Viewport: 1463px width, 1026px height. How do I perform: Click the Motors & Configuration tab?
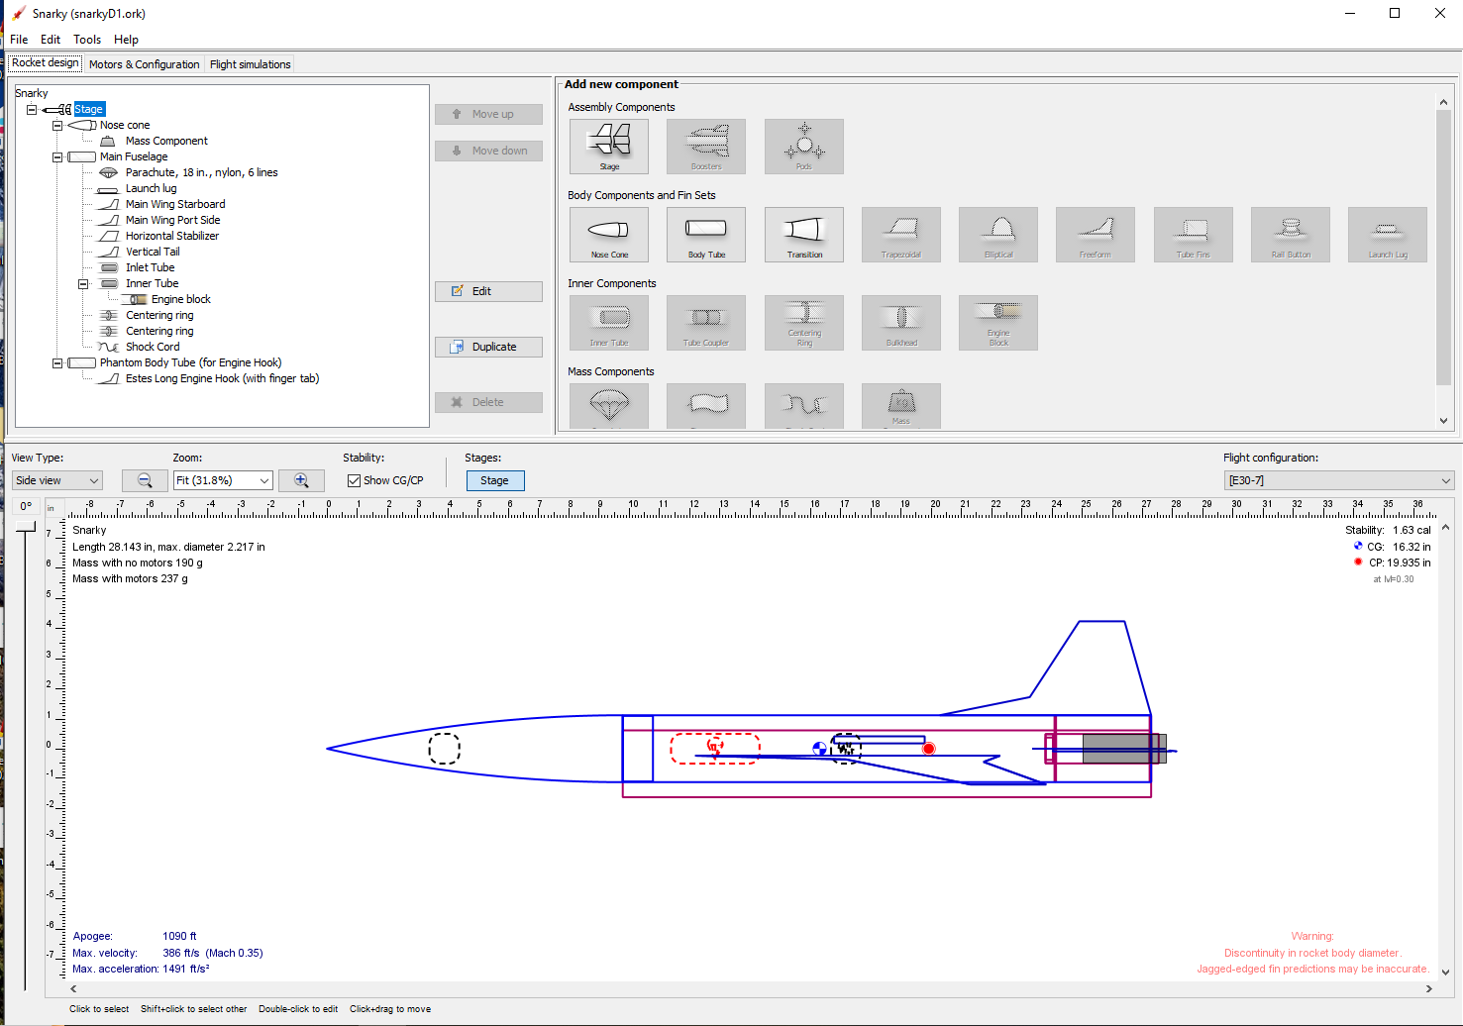click(x=144, y=64)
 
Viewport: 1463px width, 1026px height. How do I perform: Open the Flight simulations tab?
click(x=250, y=64)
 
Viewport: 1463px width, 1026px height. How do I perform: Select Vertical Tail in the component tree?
click(x=153, y=252)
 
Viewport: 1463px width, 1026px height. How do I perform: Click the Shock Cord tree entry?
click(x=153, y=347)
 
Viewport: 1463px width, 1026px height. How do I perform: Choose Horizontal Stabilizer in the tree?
click(x=171, y=236)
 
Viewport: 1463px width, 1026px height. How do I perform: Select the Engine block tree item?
click(x=180, y=299)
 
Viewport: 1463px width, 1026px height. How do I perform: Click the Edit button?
click(x=488, y=291)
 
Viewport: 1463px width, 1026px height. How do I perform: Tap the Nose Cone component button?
click(x=609, y=235)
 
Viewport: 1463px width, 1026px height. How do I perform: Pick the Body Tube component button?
click(x=706, y=235)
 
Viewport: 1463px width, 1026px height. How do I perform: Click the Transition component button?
click(x=804, y=235)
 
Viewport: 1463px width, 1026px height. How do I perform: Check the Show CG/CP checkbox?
click(x=355, y=480)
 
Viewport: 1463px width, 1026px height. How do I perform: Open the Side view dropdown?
click(x=57, y=480)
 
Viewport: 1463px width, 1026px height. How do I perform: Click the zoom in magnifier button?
click(x=301, y=480)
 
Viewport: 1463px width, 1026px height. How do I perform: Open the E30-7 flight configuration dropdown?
click(x=1338, y=480)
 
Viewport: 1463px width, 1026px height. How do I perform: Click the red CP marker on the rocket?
click(x=929, y=749)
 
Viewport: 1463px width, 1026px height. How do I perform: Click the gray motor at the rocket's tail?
click(x=1119, y=749)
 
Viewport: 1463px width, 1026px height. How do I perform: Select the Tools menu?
click(x=87, y=40)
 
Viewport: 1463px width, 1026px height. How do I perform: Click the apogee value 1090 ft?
click(x=179, y=936)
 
